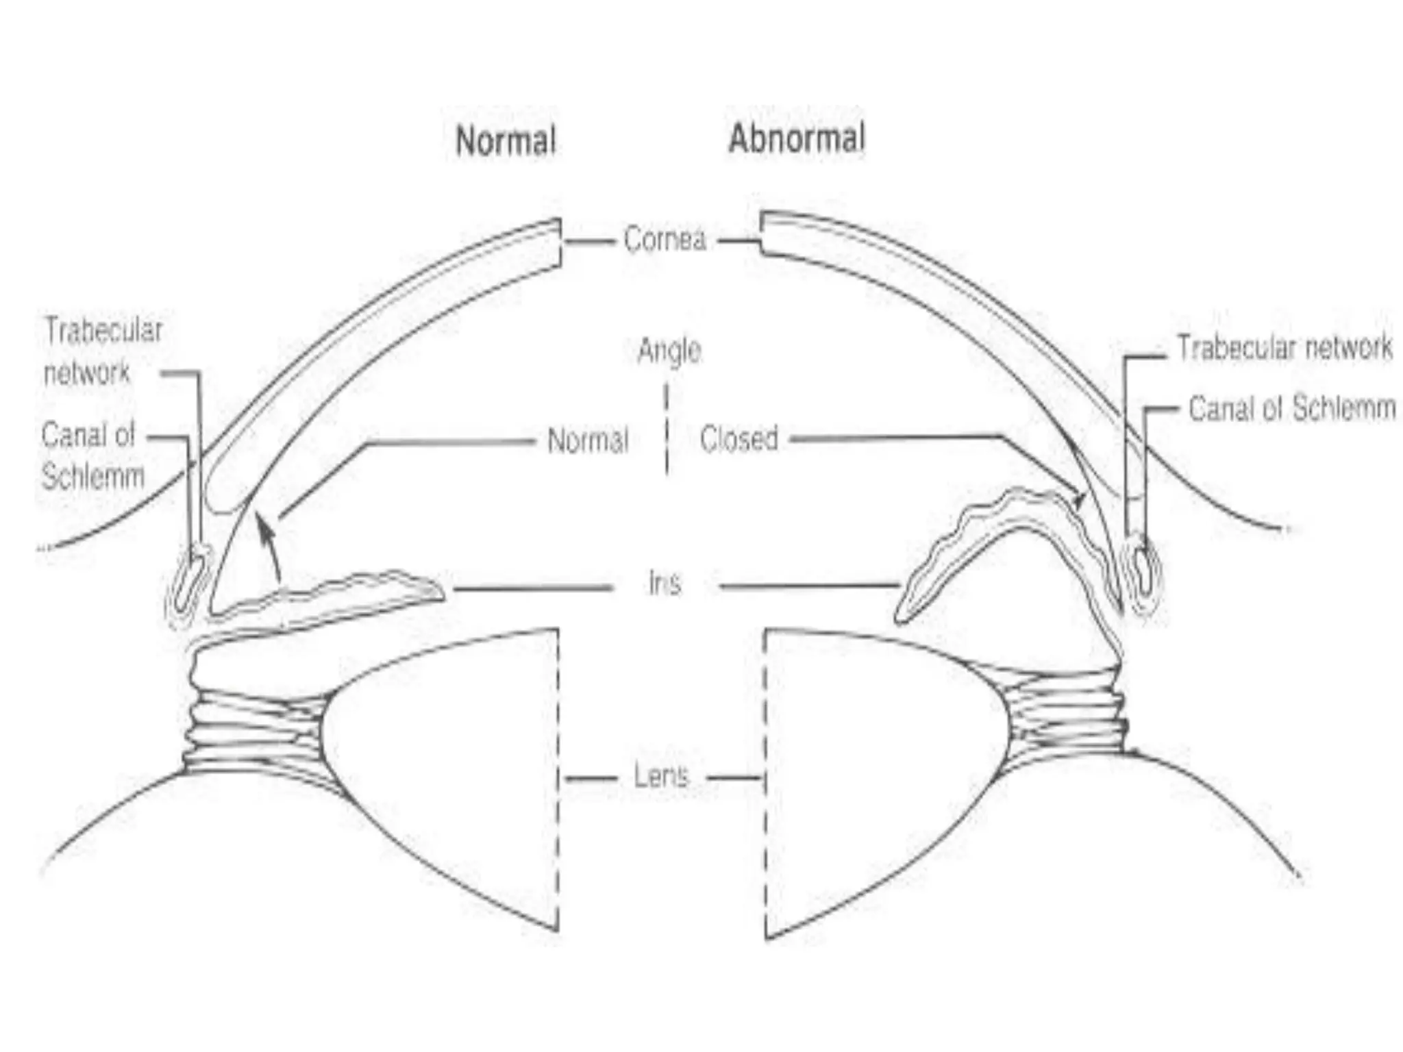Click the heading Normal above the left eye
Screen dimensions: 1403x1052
tap(506, 141)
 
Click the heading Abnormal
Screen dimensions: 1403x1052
tap(797, 138)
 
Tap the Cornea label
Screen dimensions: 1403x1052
tap(665, 240)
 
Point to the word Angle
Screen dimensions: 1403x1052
tap(669, 351)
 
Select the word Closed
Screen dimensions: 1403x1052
tap(739, 439)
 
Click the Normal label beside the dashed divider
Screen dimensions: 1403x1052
tap(588, 440)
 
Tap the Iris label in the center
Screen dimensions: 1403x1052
tap(665, 584)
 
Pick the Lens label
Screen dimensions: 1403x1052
tap(661, 777)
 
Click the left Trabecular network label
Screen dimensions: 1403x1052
tap(103, 351)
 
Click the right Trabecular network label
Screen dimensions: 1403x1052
tap(1284, 348)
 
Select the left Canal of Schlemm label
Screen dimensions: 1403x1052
tap(92, 455)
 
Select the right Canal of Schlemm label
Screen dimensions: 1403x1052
tap(1292, 409)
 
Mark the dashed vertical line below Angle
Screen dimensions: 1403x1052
tap(667, 429)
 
